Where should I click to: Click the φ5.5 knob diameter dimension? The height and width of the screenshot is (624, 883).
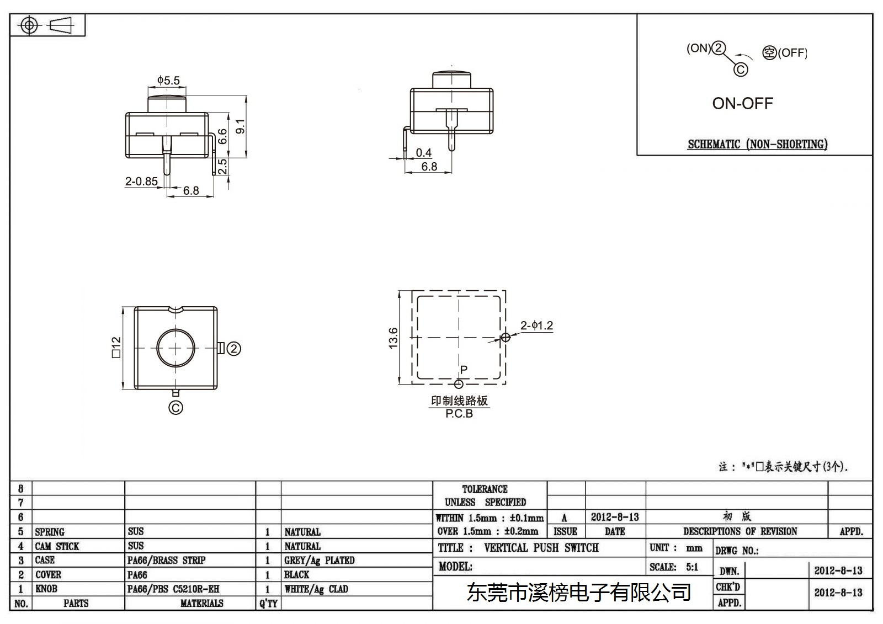click(x=168, y=81)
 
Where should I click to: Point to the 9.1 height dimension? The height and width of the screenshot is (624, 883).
click(x=240, y=126)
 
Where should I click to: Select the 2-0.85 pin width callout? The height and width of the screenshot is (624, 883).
click(x=141, y=182)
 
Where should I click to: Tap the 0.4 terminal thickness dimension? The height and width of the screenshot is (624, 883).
click(x=423, y=152)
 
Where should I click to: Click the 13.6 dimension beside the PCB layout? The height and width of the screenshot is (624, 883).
click(x=393, y=338)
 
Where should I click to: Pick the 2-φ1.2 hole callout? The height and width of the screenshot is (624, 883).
click(x=536, y=326)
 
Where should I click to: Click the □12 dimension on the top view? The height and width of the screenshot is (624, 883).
click(x=116, y=347)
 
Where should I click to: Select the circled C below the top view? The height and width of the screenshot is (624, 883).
click(x=175, y=408)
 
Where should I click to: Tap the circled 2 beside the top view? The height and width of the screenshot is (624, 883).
click(x=234, y=349)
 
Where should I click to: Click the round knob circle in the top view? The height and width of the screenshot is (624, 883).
click(x=176, y=329)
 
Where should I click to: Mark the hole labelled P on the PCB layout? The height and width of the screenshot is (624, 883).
click(x=459, y=384)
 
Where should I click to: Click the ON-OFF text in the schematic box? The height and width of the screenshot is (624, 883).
click(x=743, y=103)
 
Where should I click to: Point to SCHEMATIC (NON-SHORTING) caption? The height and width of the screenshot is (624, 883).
click(x=758, y=144)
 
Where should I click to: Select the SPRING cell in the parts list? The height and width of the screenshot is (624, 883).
click(x=50, y=532)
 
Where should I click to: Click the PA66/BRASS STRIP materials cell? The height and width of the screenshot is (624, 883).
click(x=166, y=560)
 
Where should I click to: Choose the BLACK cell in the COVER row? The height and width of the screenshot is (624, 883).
click(x=296, y=574)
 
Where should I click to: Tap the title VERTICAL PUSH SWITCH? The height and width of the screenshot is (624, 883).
click(x=541, y=547)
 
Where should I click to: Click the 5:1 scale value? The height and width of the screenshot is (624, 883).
click(x=692, y=567)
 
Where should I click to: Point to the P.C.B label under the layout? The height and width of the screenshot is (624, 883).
click(x=459, y=413)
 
